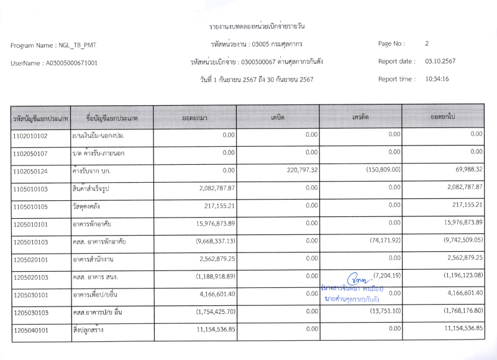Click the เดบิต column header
(278, 117)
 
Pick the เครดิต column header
(360, 117)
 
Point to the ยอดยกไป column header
(443, 117)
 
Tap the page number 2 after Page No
(427, 44)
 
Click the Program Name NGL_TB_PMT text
(53, 45)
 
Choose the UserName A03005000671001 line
(54, 63)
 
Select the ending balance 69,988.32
(465, 169)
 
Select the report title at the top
(257, 27)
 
